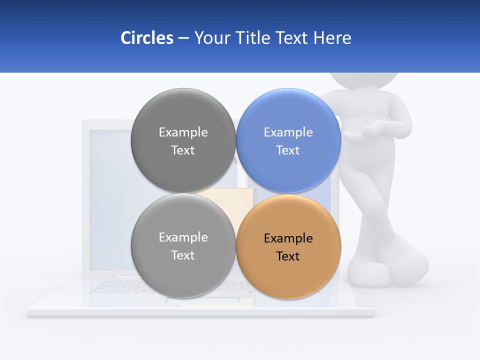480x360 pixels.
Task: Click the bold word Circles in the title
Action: (146, 38)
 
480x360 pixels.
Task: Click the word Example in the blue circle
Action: (288, 132)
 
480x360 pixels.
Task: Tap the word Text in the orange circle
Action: (288, 256)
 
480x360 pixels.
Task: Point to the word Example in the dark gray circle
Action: (183, 132)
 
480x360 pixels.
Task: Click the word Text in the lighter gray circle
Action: (183, 255)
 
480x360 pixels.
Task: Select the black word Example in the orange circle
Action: (288, 238)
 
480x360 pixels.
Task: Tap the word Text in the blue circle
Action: (288, 150)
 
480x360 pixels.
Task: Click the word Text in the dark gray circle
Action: (183, 150)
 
